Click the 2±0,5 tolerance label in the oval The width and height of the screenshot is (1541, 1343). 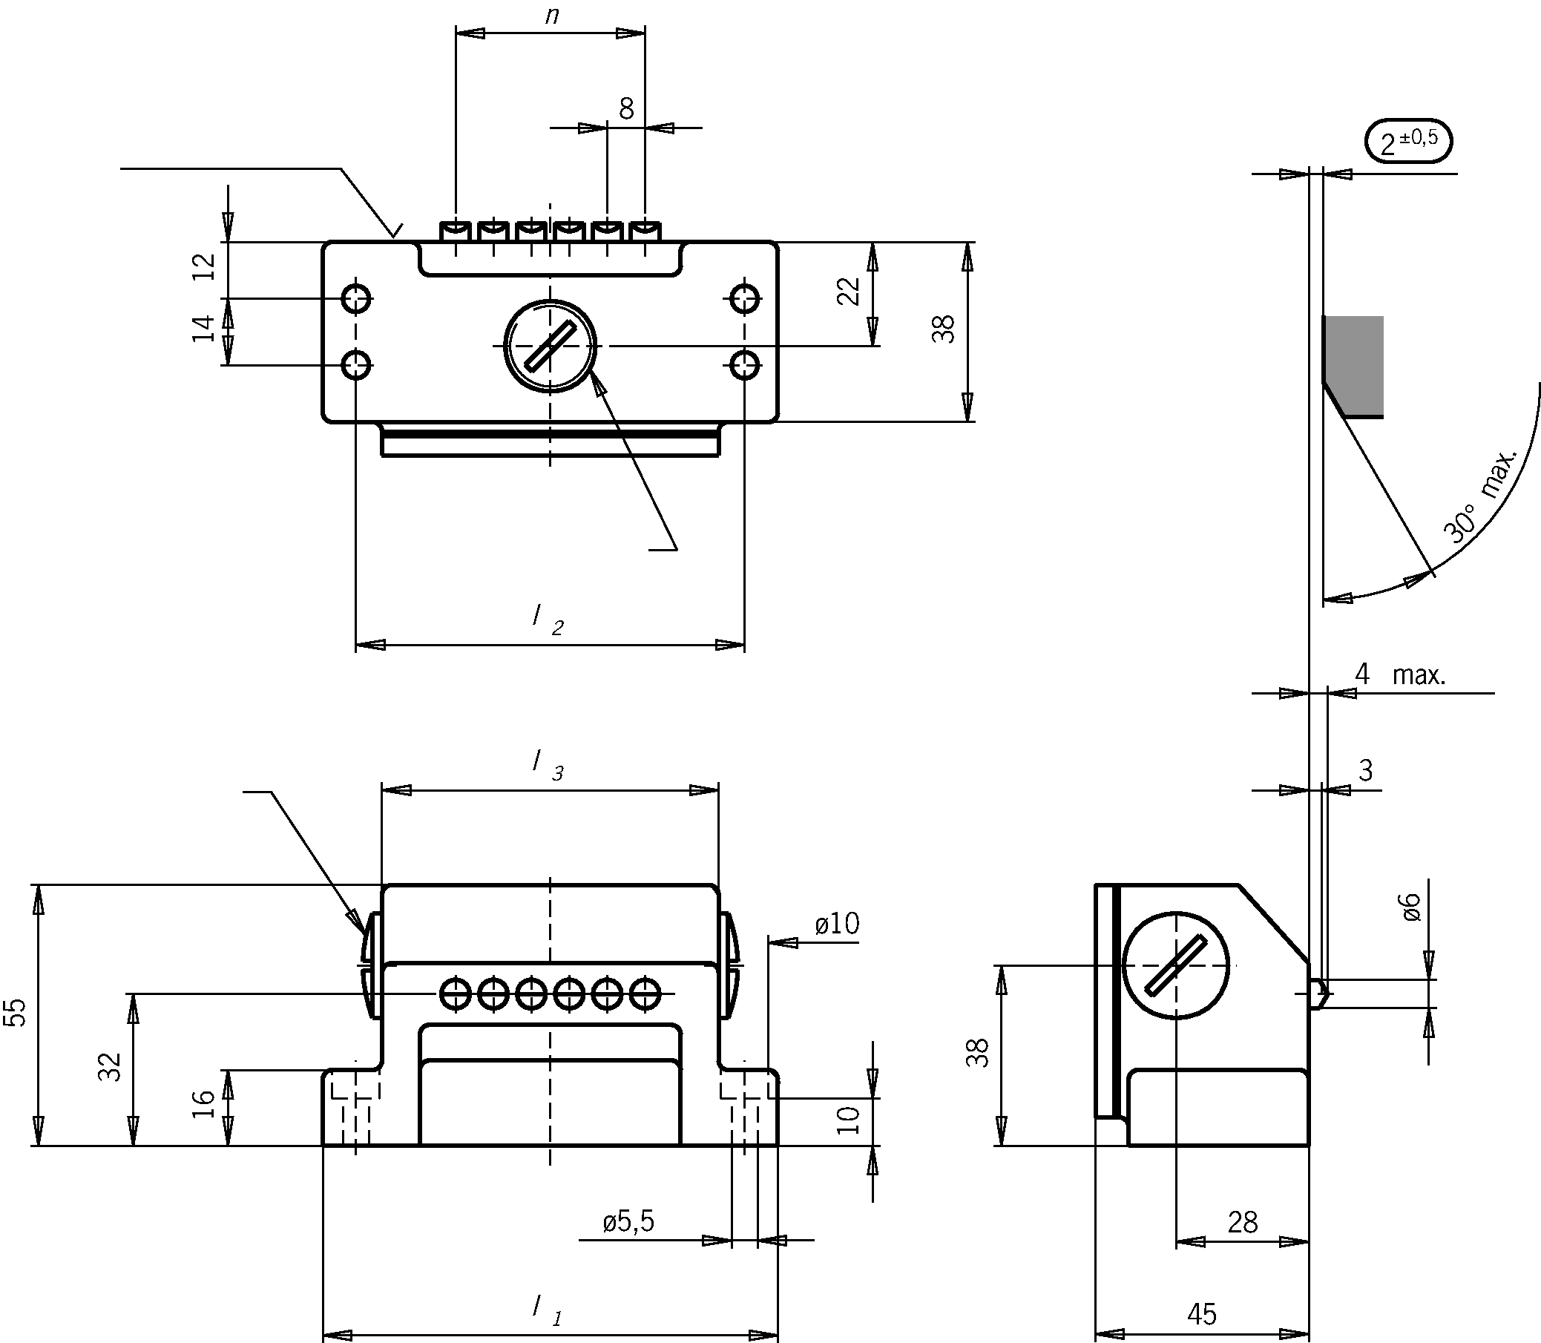[1408, 141]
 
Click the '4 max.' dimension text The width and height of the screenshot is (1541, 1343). [1399, 674]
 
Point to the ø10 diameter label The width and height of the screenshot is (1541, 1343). [837, 923]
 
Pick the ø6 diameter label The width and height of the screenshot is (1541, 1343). [1410, 907]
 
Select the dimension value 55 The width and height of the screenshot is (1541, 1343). [16, 1012]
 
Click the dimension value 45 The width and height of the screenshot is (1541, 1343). [1202, 1314]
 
